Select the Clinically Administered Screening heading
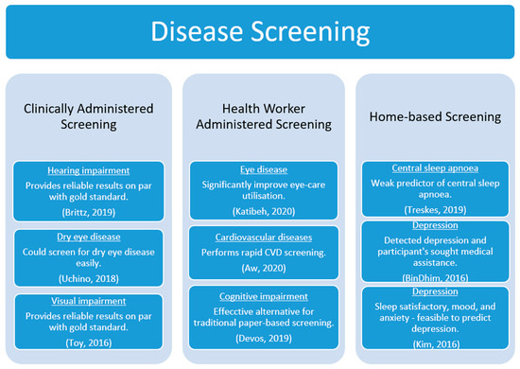[90, 116]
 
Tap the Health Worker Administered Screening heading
[260, 116]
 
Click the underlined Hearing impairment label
[90, 170]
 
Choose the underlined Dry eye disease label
[90, 239]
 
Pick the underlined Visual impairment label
[90, 301]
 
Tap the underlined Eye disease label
[260, 170]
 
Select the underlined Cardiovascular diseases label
[260, 232]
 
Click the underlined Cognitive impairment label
[260, 293]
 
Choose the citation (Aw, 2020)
[260, 269]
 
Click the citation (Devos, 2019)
[260, 336]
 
